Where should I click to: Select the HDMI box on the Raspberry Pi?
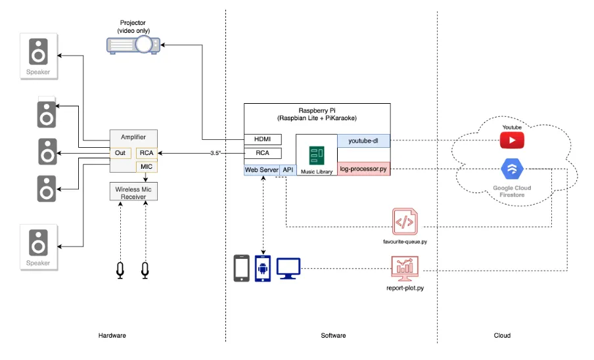pos(262,139)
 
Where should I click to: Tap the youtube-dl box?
pos(363,140)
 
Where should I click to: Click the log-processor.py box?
pos(363,169)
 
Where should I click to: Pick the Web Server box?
pos(261,169)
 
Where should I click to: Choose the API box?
pos(288,169)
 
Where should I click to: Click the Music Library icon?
pos(317,156)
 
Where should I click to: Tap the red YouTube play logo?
pos(512,140)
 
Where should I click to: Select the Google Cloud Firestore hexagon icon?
pos(512,170)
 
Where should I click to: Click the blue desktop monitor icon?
pos(288,267)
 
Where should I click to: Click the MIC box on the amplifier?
pos(147,167)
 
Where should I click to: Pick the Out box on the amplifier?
pos(120,153)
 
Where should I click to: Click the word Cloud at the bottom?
pos(502,335)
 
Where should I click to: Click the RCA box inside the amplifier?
pos(147,153)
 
